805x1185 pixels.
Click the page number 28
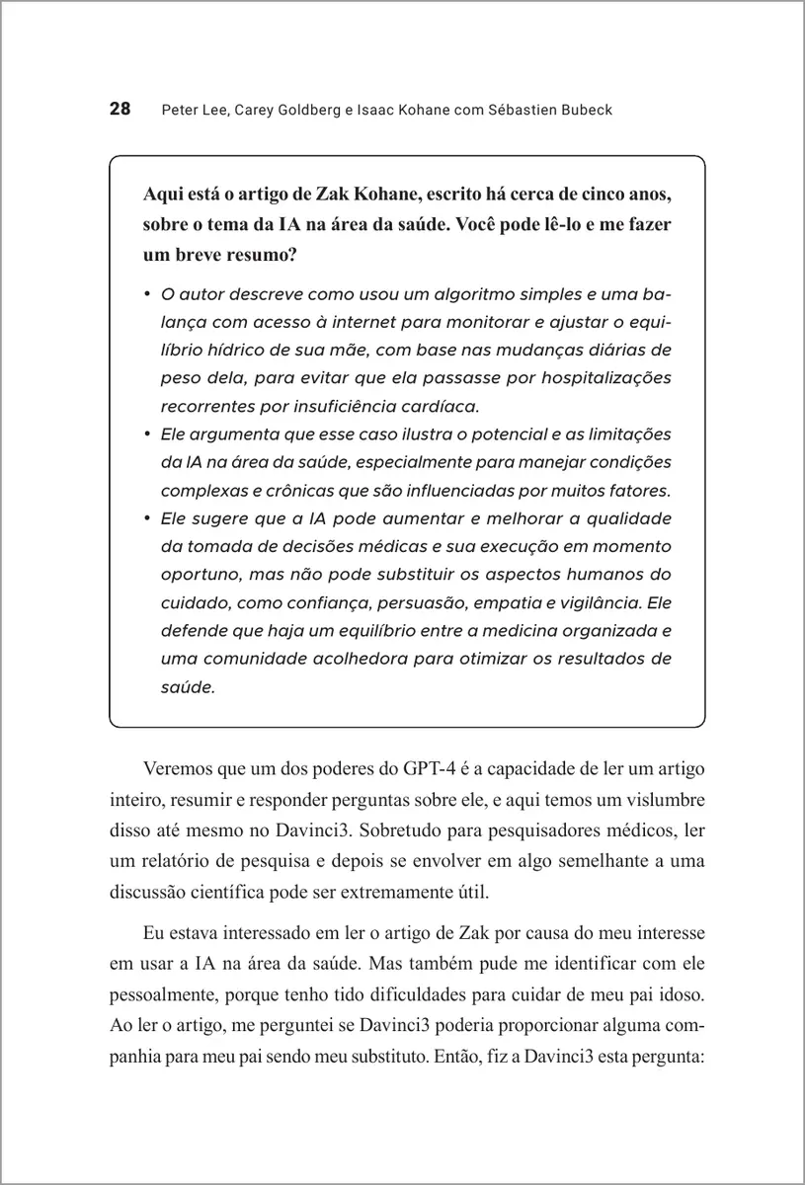pos(120,109)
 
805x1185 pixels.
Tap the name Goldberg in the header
pos(294,110)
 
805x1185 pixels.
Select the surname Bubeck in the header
pos(585,110)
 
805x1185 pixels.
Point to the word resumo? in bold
pos(268,255)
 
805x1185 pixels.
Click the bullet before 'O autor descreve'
pos(145,294)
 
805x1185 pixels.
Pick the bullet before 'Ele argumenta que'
pos(145,434)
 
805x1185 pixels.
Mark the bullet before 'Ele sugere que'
pos(145,517)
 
